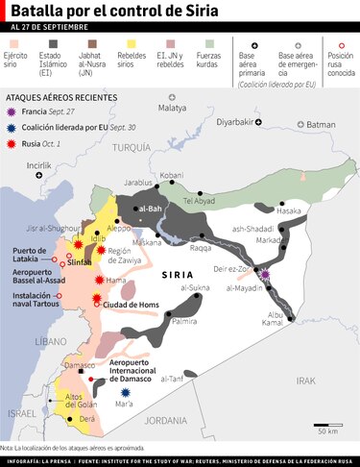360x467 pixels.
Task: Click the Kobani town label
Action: click(171, 175)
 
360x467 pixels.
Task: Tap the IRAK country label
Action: click(305, 381)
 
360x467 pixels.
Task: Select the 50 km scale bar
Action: click(326, 423)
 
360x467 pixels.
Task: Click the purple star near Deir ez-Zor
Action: click(265, 274)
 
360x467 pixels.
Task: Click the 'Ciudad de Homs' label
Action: click(130, 306)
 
